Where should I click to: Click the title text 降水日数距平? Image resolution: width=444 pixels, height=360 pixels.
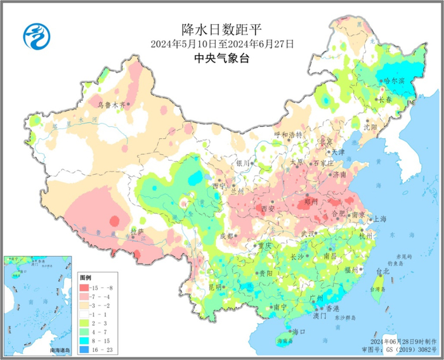click(221, 30)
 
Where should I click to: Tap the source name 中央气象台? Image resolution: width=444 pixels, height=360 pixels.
click(221, 58)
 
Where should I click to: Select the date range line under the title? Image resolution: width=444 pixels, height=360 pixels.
click(221, 44)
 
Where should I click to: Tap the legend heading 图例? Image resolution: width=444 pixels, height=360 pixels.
click(86, 278)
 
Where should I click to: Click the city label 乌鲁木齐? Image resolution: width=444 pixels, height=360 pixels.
click(112, 105)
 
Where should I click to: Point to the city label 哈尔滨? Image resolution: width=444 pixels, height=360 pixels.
click(396, 80)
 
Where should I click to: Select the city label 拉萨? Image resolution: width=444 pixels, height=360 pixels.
click(137, 231)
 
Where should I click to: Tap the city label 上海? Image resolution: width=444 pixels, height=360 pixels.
click(381, 218)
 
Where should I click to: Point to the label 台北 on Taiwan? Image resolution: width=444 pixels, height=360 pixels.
click(383, 272)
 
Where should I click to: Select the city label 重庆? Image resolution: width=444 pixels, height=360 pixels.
click(264, 245)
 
